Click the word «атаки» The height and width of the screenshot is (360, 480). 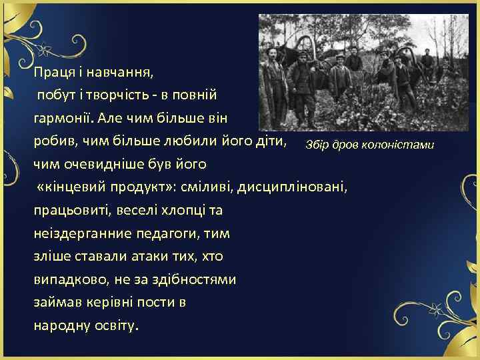[149, 257]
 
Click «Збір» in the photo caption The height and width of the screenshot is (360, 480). [317, 145]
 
